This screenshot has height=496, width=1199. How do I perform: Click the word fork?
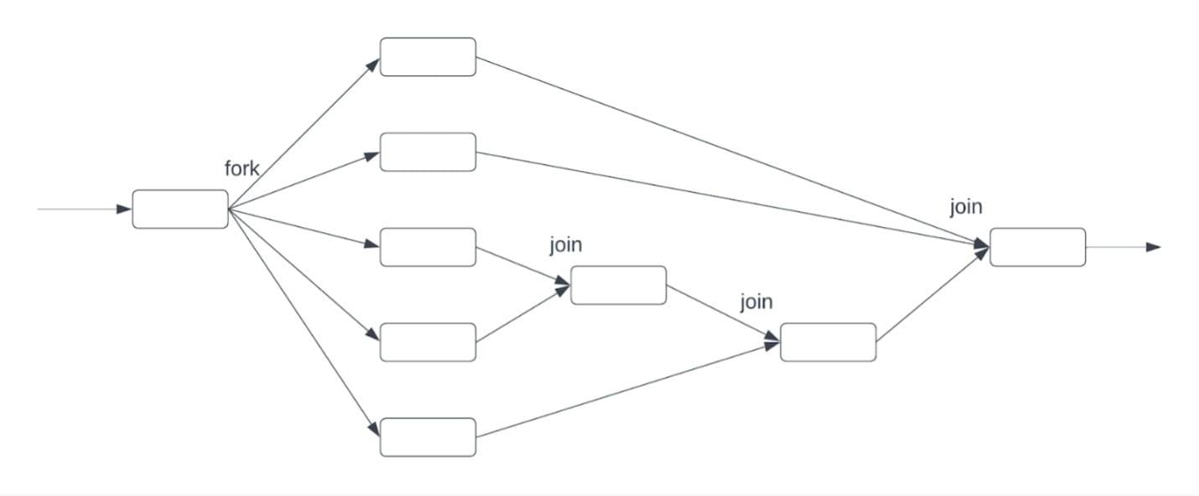pyautogui.click(x=241, y=168)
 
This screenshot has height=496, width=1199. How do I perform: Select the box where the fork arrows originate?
pyautogui.click(x=180, y=209)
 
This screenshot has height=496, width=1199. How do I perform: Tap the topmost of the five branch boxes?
pyautogui.click(x=428, y=57)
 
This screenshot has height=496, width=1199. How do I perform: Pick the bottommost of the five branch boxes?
pyautogui.click(x=428, y=437)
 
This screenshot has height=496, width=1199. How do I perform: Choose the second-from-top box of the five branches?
pyautogui.click(x=428, y=152)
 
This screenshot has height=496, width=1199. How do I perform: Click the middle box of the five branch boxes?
pyautogui.click(x=428, y=247)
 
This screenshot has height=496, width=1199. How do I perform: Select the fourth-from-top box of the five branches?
pyautogui.click(x=428, y=342)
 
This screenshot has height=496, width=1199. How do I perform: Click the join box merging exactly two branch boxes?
pyautogui.click(x=618, y=285)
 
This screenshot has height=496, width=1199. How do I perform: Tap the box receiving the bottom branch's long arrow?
pyautogui.click(x=828, y=342)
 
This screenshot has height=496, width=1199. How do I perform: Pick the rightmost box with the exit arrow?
pyautogui.click(x=1037, y=247)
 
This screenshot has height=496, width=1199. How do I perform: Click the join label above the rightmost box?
pyautogui.click(x=965, y=207)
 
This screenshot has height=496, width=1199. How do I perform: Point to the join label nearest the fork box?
pyautogui.click(x=565, y=245)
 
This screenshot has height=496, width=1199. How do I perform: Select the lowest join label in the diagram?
pyautogui.click(x=755, y=302)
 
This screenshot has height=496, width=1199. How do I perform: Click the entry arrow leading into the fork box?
pyautogui.click(x=84, y=209)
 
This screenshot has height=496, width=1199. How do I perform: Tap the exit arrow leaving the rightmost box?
pyautogui.click(x=1124, y=247)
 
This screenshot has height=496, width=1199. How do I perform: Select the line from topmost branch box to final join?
pyautogui.click(x=729, y=151)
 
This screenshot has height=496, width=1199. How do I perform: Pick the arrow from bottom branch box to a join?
pyautogui.click(x=629, y=390)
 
